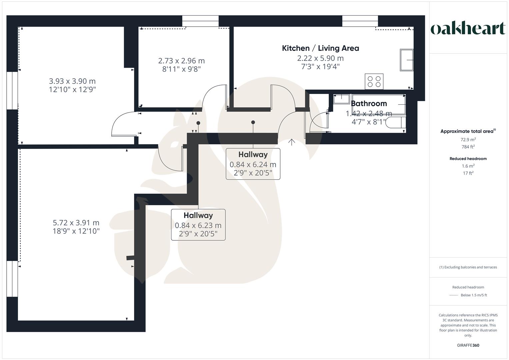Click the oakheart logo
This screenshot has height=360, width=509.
[468, 29]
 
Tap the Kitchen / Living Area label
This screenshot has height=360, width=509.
[320, 48]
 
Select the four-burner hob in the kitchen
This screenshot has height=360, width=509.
[374, 82]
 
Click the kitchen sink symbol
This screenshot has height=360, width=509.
[406, 60]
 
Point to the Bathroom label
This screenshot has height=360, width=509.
[369, 104]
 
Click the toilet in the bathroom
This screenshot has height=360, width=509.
[396, 123]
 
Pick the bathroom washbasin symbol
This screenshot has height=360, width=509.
[341, 98]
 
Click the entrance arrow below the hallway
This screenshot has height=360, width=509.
[292, 142]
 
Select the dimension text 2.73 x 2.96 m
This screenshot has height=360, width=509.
[181, 61]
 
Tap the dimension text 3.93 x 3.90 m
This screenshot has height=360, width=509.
[72, 81]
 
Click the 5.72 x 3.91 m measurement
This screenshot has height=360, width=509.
[76, 223]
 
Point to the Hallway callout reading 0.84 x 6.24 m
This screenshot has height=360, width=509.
[253, 164]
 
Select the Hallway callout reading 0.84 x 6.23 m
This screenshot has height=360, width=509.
[198, 225]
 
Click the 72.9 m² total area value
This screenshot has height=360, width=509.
[468, 140]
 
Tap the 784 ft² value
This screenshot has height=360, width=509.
[468, 147]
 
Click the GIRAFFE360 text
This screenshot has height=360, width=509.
[468, 345]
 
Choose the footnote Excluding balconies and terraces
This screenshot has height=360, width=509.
[468, 267]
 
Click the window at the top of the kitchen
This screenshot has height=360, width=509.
[360, 21]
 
